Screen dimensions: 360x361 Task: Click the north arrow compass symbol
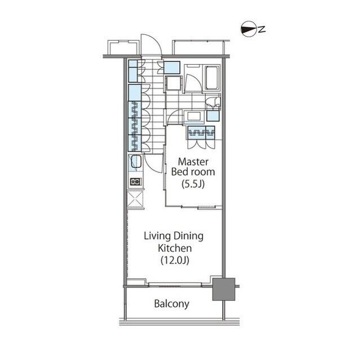click(x=246, y=29)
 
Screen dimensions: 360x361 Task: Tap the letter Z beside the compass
click(x=261, y=29)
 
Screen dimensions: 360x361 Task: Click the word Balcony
click(x=172, y=304)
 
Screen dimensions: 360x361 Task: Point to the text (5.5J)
click(x=193, y=184)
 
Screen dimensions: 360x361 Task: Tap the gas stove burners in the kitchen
click(x=135, y=181)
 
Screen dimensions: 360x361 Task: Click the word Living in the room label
click(x=152, y=236)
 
